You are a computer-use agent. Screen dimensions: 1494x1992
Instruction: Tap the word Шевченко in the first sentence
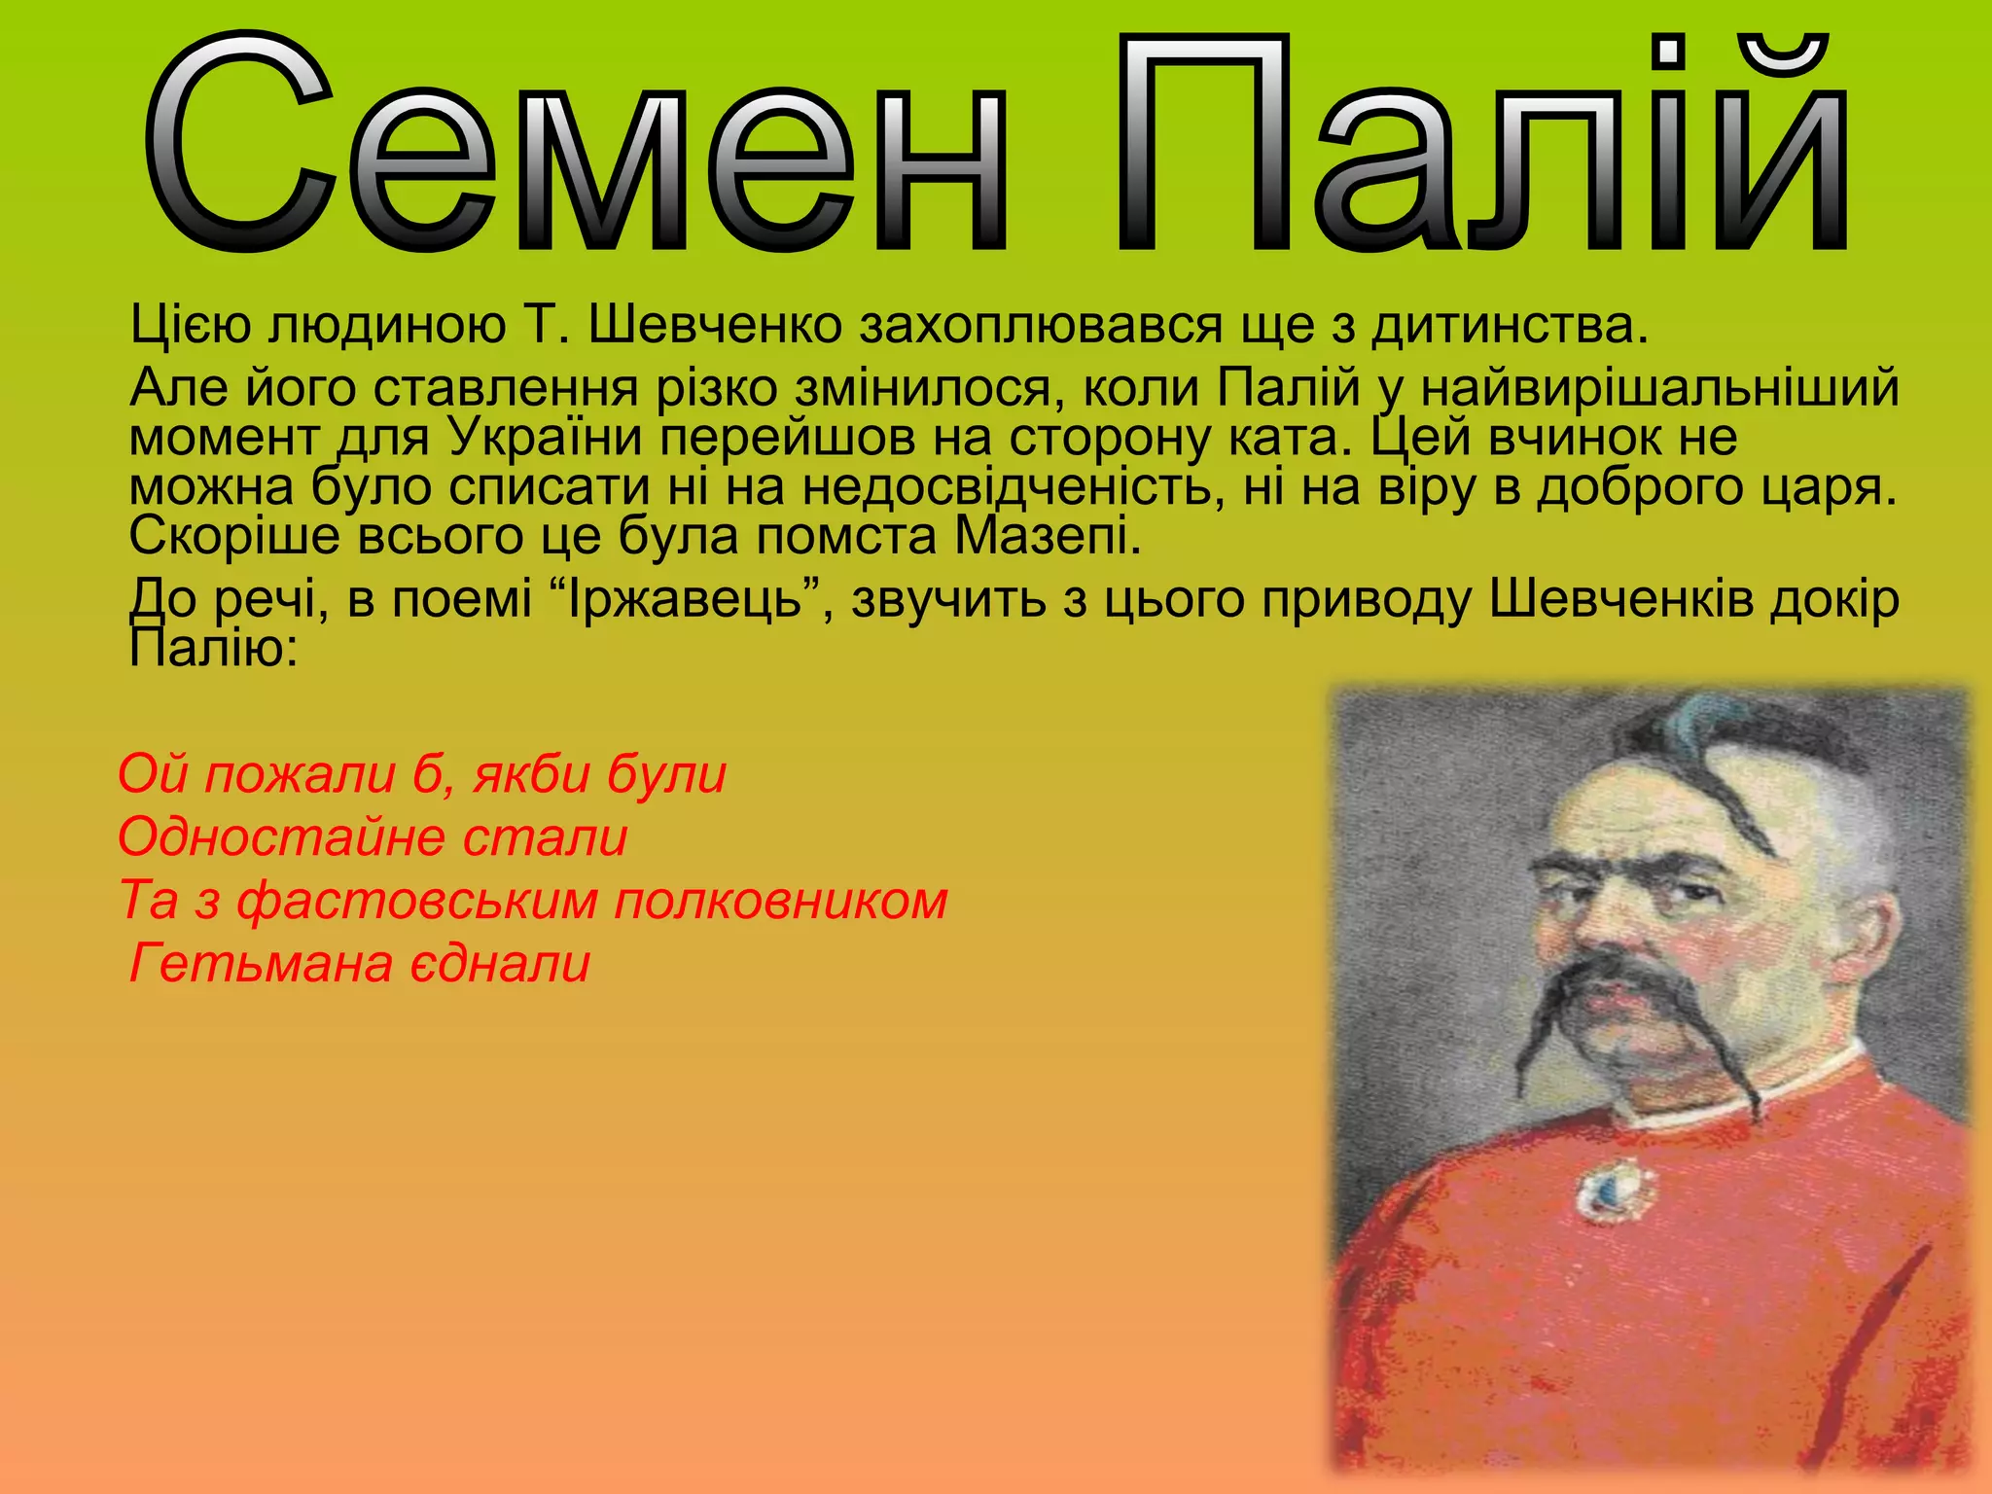(714, 325)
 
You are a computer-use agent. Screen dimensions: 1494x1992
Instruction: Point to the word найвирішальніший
(1659, 388)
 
